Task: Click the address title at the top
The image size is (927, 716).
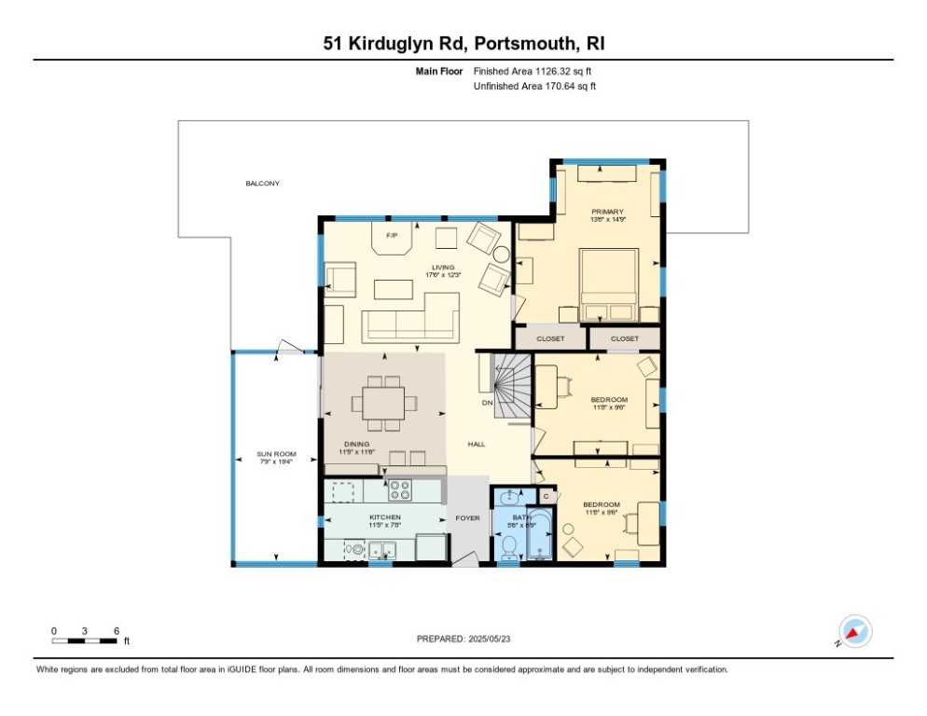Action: pos(463,44)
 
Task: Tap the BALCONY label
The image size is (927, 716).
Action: pos(262,184)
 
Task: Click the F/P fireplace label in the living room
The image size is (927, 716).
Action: pos(392,235)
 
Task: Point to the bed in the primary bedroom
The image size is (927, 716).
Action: pos(608,280)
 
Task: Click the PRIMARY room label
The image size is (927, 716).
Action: pos(606,213)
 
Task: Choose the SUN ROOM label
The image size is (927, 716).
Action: pos(276,454)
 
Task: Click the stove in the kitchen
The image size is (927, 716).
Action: pos(401,489)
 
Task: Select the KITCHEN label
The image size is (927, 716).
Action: pos(384,516)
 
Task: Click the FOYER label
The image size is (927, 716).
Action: pos(466,517)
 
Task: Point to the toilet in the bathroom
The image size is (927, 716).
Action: pos(508,552)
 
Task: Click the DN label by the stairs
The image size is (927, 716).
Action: pos(487,403)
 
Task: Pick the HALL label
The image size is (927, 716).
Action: pos(477,444)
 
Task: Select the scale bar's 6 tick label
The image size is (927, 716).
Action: pos(117,631)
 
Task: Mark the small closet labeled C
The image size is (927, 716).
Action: pos(546,496)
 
